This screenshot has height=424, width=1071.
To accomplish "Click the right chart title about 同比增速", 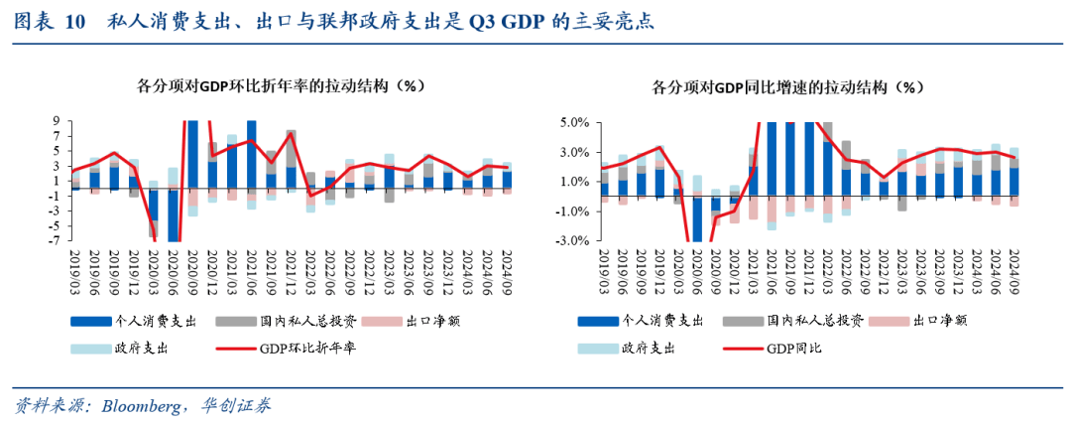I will [x=787, y=87].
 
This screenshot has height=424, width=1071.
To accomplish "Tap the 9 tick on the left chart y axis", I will [x=57, y=121].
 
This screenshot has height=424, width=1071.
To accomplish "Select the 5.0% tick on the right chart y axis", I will [x=575, y=122].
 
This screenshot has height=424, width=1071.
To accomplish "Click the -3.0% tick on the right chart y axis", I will [x=573, y=240].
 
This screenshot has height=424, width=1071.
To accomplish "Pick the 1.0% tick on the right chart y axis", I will [x=575, y=182].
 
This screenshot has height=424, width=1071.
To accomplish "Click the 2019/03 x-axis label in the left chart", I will [x=75, y=270].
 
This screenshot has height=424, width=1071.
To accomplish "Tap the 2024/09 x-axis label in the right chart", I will [x=1012, y=270].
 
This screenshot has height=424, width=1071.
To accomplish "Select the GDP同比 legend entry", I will [x=794, y=349].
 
